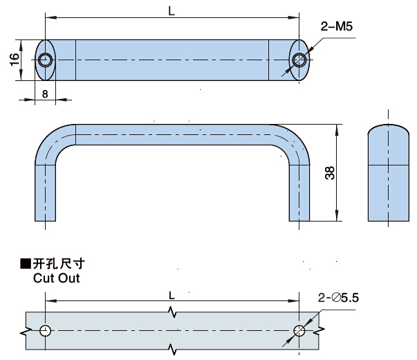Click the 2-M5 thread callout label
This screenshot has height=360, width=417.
[336, 27]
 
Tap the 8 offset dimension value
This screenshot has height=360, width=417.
[45, 93]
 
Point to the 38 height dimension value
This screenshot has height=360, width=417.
[330, 173]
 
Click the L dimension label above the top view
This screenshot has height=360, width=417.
[172, 10]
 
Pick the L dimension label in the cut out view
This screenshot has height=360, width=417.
[172, 295]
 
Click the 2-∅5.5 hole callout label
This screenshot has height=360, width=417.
[340, 298]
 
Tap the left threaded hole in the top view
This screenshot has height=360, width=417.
[46, 60]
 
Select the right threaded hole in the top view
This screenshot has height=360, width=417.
[299, 60]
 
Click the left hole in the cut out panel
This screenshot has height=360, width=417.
[46, 330]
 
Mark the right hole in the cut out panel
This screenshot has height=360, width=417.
[299, 330]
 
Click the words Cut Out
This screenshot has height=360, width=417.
[56, 278]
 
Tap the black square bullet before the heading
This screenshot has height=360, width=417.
[26, 264]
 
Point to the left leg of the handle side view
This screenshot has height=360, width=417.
[46, 190]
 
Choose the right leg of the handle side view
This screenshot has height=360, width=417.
[299, 190]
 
